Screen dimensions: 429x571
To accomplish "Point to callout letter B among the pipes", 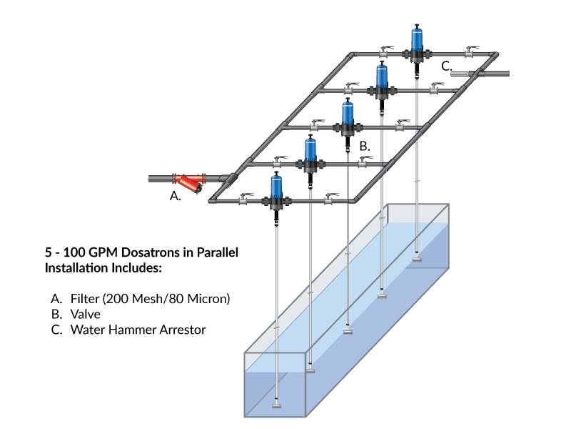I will click(x=364, y=146).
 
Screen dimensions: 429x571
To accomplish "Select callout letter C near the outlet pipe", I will click(x=445, y=66).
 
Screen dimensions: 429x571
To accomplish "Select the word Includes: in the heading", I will click(x=138, y=268).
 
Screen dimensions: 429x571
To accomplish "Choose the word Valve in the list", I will click(x=86, y=315).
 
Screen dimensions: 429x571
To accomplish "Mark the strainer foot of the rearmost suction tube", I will click(x=417, y=260).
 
